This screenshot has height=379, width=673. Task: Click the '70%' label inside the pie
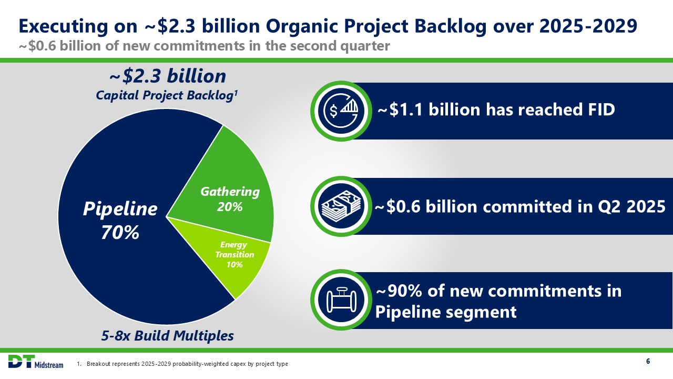120,232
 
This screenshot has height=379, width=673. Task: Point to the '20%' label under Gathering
230,207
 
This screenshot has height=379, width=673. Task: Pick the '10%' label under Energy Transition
234,264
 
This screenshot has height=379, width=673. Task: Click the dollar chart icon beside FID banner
341,111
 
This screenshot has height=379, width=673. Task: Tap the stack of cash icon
341,206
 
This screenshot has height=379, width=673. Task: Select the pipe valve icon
341,300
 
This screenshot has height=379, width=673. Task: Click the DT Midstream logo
36,362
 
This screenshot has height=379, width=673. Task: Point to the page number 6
648,361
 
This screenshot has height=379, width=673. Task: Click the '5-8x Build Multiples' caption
167,336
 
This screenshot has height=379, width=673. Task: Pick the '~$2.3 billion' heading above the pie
168,76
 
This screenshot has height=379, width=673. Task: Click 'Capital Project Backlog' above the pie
165,95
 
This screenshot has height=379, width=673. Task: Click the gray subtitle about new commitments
205,46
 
